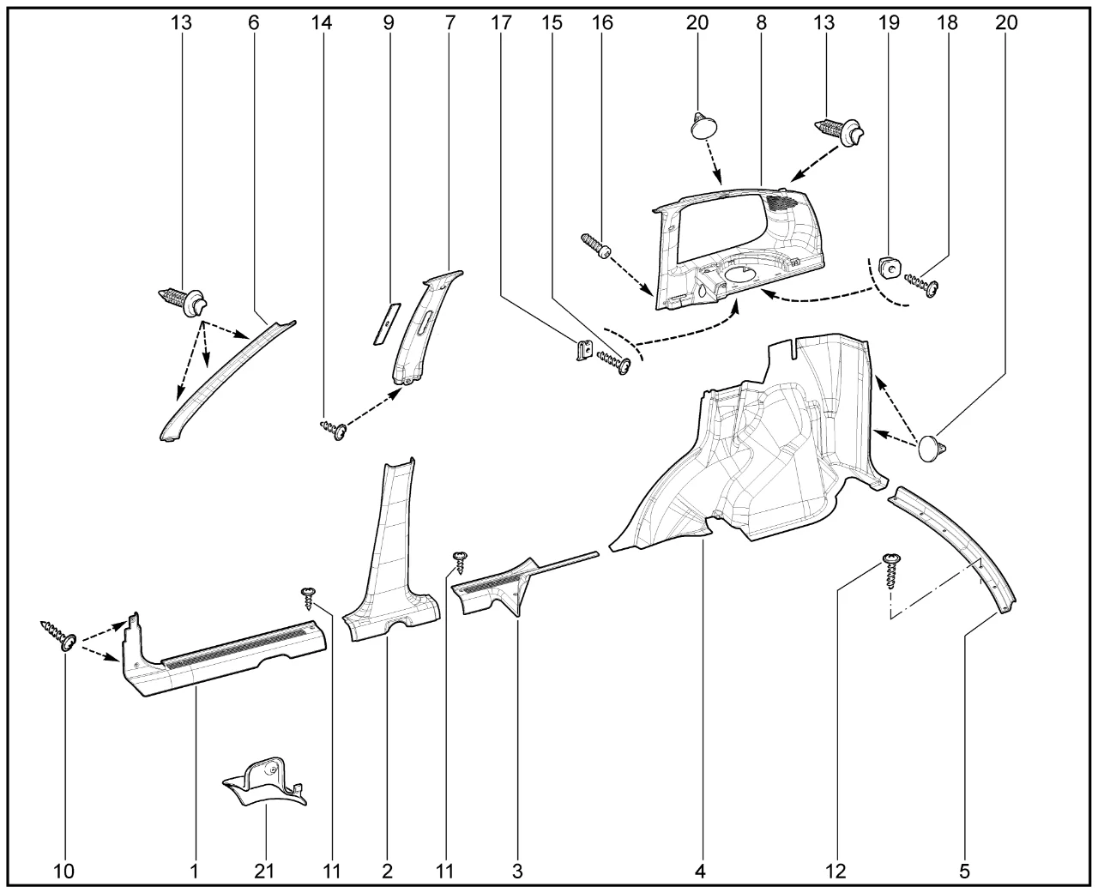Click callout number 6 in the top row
[253, 23]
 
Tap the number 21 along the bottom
[265, 872]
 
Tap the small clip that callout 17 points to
[582, 351]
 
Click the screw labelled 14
[335, 429]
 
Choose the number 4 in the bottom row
[700, 872]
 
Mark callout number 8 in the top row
[761, 23]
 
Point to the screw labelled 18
[923, 284]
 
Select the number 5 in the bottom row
[964, 872]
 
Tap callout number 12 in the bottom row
[836, 872]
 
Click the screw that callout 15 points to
[617, 362]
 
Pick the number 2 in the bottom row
[387, 872]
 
